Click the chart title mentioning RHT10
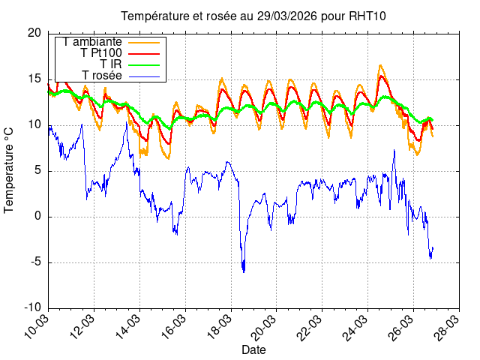pyautogui.click(x=254, y=16)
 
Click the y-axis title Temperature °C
pyautogui.click(x=10, y=169)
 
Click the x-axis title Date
pyautogui.click(x=253, y=349)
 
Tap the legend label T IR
pyautogui.click(x=111, y=64)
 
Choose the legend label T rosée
pyautogui.click(x=102, y=75)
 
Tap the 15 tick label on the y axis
pyautogui.click(x=34, y=79)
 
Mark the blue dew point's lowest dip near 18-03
pyautogui.click(x=244, y=271)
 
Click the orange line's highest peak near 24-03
pyautogui.click(x=380, y=65)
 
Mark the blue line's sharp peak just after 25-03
pyautogui.click(x=394, y=150)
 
